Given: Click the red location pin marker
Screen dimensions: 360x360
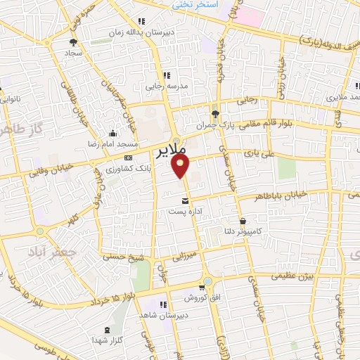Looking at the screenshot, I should coord(182,166).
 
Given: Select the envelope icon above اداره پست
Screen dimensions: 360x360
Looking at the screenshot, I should coord(185,201).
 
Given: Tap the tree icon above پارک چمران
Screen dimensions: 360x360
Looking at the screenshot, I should coord(215,114).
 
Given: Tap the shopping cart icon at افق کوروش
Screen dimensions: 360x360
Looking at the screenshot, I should coord(202,288).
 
